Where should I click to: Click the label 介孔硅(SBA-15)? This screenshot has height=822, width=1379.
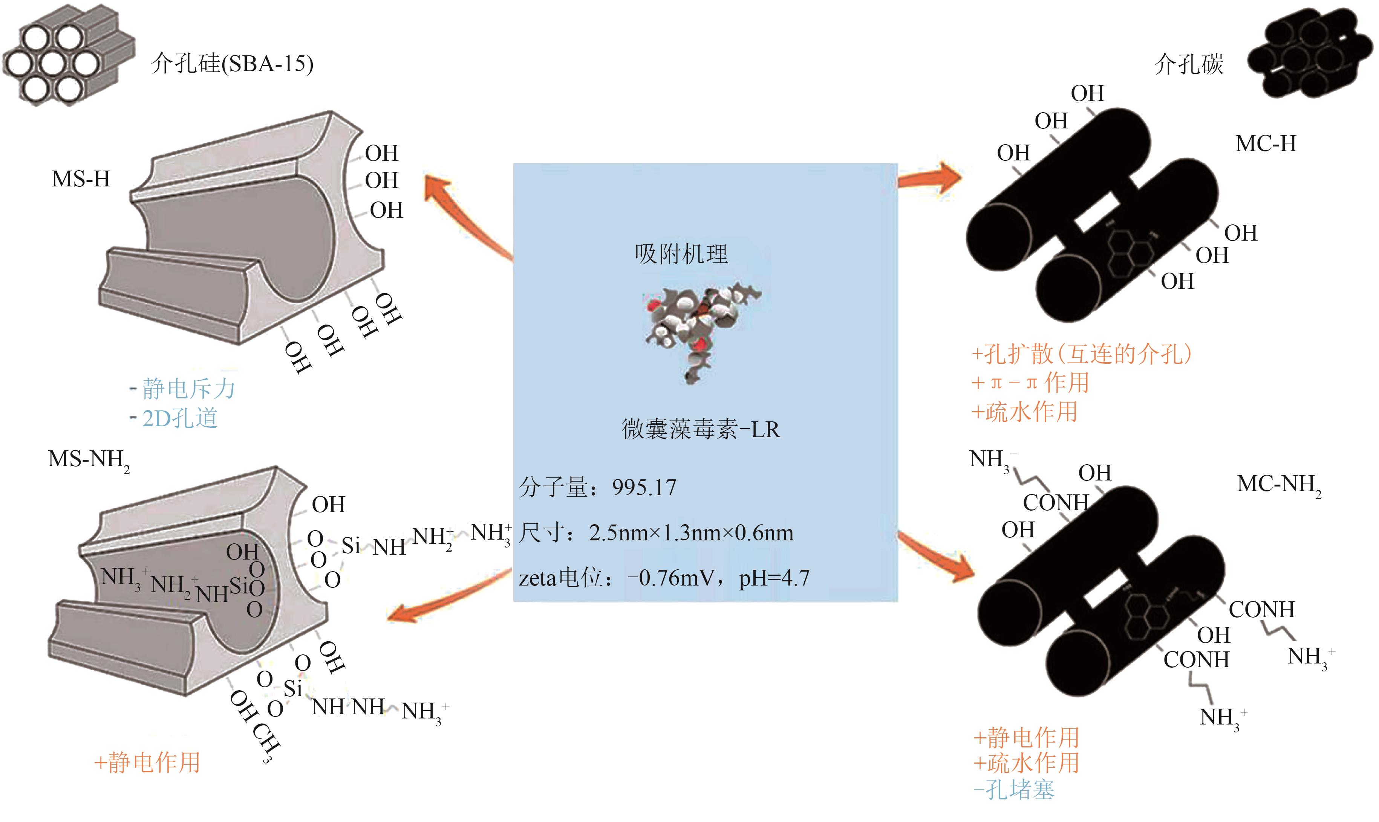[232, 64]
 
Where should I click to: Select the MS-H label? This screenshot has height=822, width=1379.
[81, 179]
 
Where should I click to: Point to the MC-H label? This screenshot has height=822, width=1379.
[1266, 144]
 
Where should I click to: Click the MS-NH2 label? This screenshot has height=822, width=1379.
[89, 460]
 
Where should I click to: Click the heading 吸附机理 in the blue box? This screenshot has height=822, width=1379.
[681, 254]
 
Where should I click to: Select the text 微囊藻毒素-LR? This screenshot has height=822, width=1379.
[701, 429]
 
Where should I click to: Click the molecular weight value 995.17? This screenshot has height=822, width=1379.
[644, 488]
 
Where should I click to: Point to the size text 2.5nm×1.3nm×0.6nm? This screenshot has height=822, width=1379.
[691, 533]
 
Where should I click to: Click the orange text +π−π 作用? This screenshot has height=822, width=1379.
[1031, 383]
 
